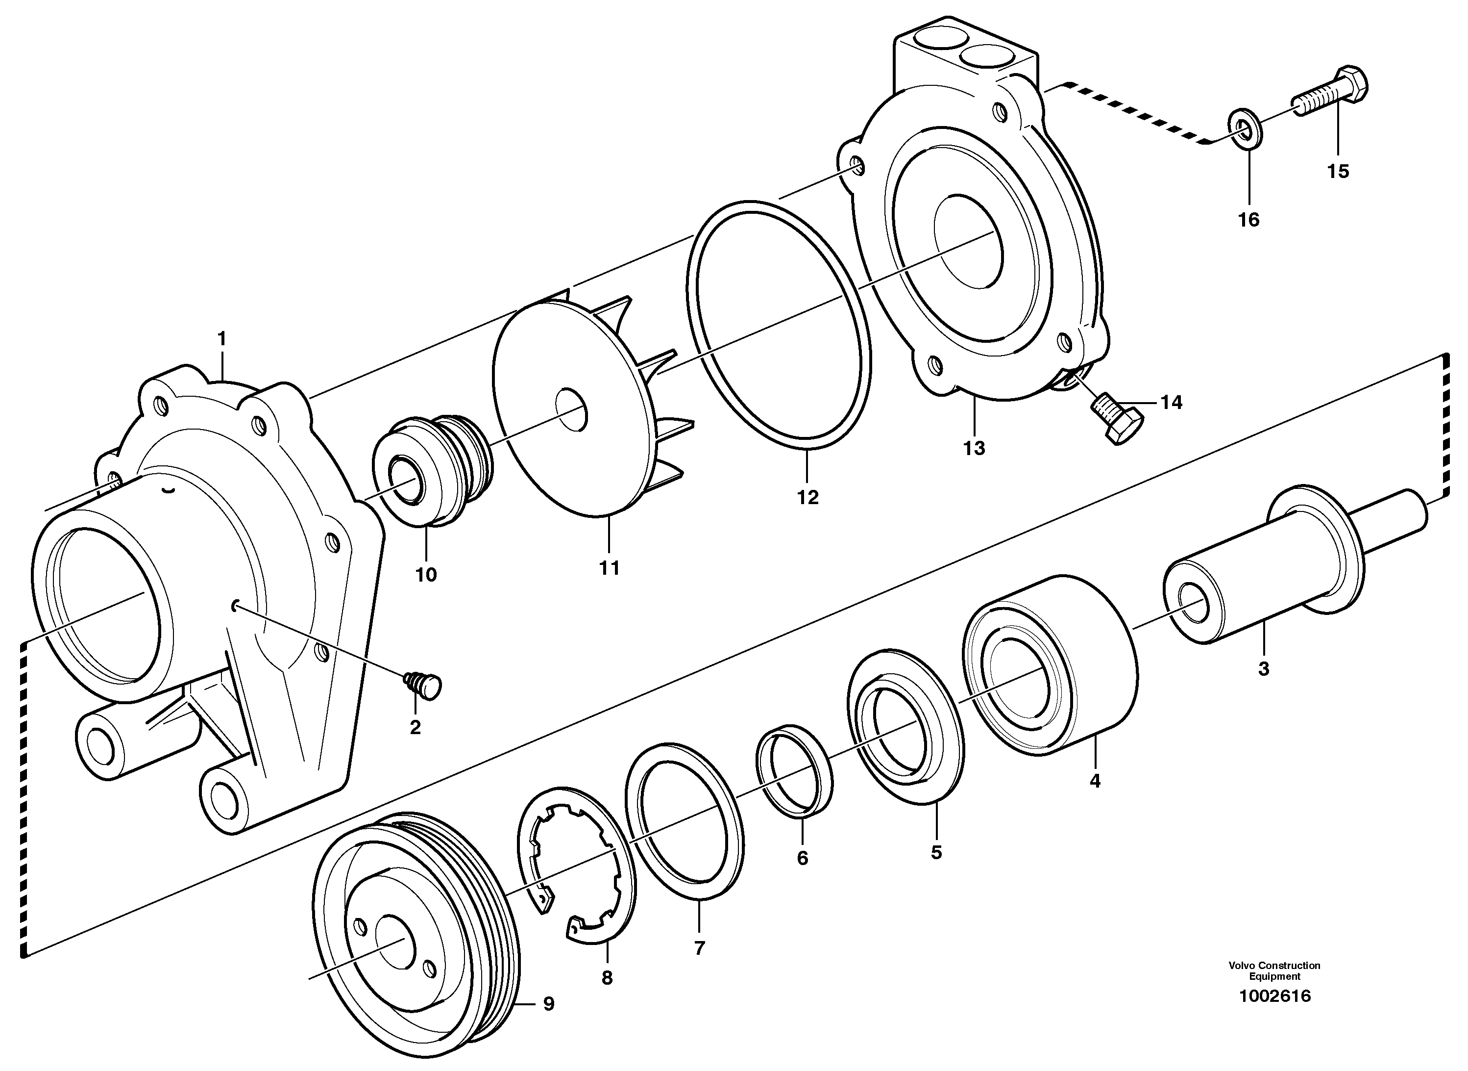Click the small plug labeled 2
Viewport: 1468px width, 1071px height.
[424, 684]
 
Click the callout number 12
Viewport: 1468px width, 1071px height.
[808, 497]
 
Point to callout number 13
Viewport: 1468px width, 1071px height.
[974, 448]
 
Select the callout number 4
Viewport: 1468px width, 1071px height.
[1095, 781]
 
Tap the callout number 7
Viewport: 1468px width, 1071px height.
[699, 948]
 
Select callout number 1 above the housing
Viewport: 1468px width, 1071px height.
[222, 338]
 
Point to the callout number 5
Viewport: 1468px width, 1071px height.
[936, 852]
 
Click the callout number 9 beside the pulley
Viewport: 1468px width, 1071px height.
[548, 1004]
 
